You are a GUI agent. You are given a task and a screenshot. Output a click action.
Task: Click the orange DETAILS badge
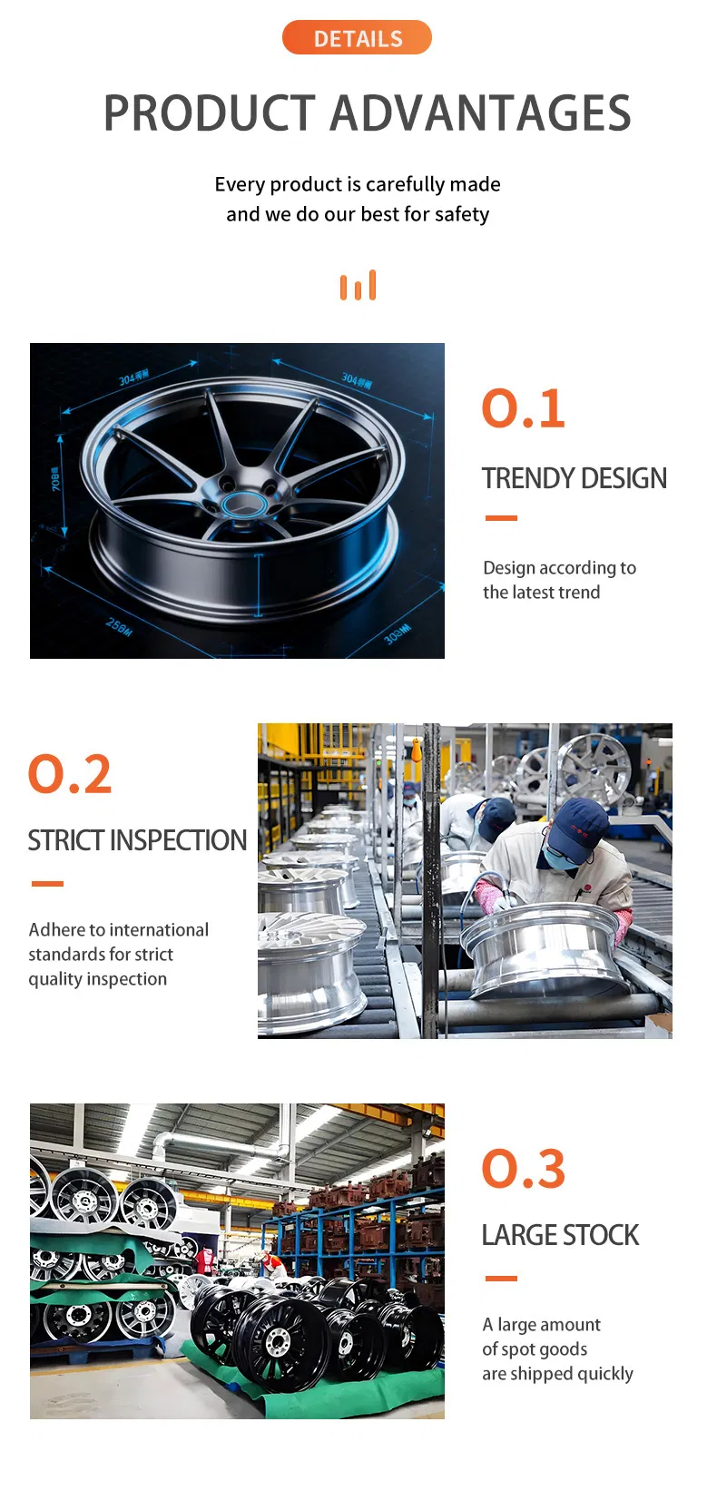(x=357, y=38)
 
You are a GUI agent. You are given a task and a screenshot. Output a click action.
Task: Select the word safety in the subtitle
(x=462, y=215)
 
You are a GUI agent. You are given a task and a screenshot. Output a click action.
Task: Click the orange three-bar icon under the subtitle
(x=358, y=286)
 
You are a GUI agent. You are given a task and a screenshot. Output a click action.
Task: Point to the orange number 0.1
(x=523, y=408)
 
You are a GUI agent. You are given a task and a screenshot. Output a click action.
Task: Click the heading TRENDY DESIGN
(x=574, y=478)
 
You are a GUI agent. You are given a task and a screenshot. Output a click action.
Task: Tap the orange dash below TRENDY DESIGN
(x=501, y=518)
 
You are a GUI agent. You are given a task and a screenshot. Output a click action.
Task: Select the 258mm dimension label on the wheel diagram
(x=119, y=626)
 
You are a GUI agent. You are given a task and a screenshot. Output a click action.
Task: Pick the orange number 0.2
(x=70, y=774)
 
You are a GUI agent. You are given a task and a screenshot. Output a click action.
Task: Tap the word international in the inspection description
(x=160, y=930)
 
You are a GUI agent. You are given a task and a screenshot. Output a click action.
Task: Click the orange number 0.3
(x=523, y=1169)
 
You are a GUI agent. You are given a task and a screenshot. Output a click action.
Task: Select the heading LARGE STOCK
(x=560, y=1235)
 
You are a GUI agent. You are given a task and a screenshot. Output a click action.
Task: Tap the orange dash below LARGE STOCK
(x=501, y=1278)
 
